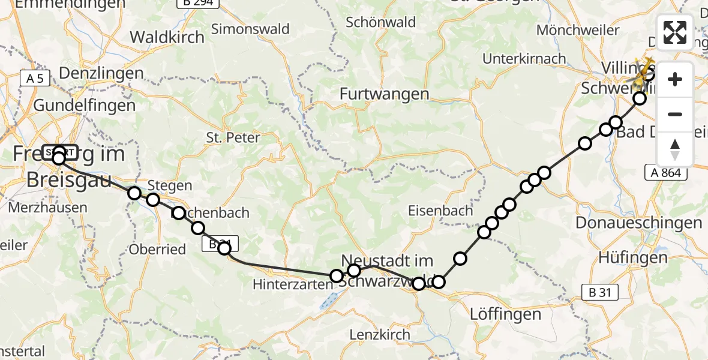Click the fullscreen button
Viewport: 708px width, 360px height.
click(x=675, y=32)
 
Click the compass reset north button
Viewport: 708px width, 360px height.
click(x=675, y=149)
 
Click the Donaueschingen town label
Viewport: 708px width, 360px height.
click(x=638, y=223)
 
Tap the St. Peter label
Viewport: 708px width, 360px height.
click(x=233, y=137)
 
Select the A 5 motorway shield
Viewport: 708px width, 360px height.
click(x=35, y=77)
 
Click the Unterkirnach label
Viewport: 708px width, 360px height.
click(x=524, y=59)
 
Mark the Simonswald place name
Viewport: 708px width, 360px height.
click(x=250, y=29)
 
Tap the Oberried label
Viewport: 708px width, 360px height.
click(x=158, y=250)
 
